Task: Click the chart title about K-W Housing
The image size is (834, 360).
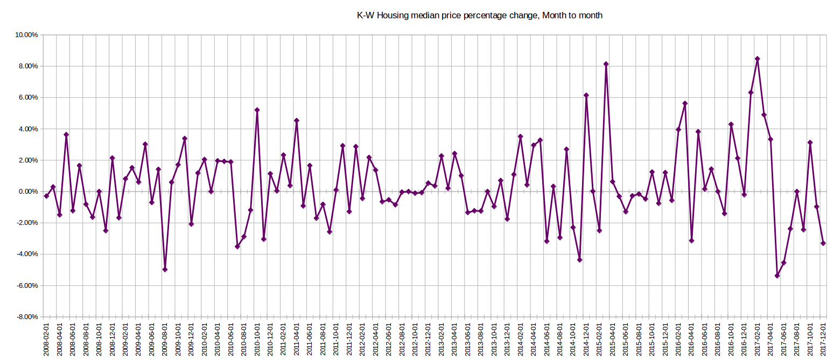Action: click(480, 16)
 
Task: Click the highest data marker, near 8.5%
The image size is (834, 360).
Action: click(757, 59)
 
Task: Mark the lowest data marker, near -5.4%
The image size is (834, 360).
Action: click(777, 276)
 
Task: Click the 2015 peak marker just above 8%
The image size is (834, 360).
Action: click(606, 64)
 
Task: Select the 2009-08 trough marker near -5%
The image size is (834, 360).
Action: click(165, 270)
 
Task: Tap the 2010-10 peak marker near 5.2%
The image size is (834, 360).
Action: click(257, 110)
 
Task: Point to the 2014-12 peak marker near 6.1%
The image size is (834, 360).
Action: click(586, 95)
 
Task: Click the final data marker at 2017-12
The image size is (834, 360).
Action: click(823, 243)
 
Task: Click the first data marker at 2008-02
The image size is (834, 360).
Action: click(46, 196)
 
